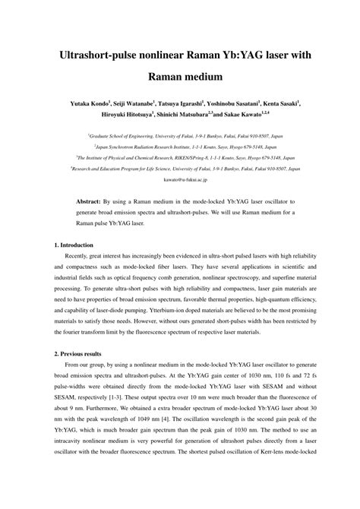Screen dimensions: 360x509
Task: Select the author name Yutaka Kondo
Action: click(89, 101)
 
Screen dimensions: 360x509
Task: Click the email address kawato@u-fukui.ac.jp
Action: click(179, 181)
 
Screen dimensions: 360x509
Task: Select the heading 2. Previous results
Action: click(80, 354)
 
